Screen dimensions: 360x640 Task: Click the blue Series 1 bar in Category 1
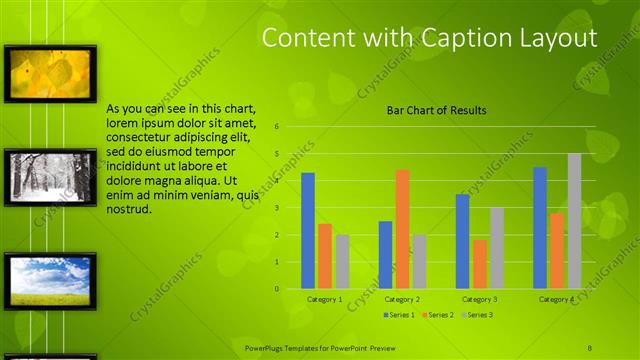(x=308, y=231)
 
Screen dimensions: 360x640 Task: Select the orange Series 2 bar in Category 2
(x=402, y=229)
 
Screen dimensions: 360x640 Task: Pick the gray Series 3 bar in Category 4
(x=574, y=221)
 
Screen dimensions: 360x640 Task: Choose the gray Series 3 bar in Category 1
(x=342, y=262)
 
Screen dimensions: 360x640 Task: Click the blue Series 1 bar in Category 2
(x=385, y=255)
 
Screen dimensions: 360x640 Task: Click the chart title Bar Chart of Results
(x=437, y=110)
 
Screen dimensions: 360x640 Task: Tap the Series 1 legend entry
(x=399, y=315)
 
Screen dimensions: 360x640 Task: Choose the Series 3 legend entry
(x=477, y=315)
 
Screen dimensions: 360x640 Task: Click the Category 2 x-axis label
(x=402, y=299)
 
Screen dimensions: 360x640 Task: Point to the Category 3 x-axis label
(x=480, y=299)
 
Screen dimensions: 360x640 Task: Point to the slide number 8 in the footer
(x=590, y=346)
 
